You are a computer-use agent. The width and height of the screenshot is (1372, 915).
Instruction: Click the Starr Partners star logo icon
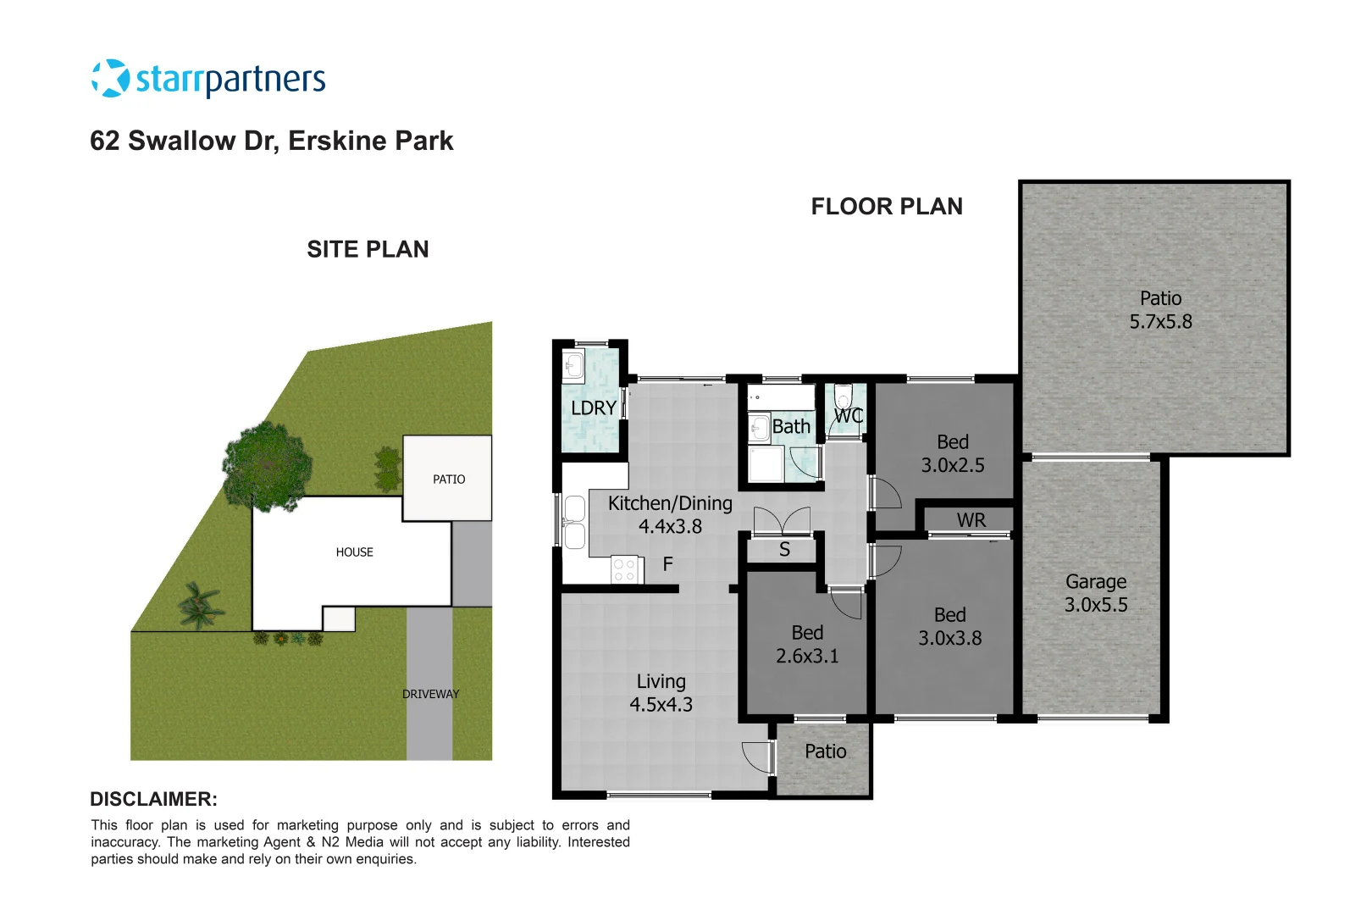[110, 79]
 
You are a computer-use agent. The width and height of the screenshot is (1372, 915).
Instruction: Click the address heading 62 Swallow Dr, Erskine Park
[271, 141]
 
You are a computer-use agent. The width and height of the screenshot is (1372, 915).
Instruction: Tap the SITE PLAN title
[368, 249]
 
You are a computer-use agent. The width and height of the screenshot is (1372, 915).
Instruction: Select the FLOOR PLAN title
[886, 207]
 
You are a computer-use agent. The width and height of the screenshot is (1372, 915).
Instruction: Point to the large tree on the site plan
[266, 467]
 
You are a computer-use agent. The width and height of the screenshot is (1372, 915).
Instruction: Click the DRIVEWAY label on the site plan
[430, 694]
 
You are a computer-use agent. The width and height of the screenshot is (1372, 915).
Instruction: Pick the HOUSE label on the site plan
[354, 552]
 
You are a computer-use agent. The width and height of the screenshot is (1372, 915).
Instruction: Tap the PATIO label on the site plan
[449, 480]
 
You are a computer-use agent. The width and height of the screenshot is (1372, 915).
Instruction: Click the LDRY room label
[593, 408]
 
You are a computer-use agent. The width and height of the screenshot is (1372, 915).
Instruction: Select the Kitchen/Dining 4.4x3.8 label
[670, 514]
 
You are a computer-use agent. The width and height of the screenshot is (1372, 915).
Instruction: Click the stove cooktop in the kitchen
[624, 570]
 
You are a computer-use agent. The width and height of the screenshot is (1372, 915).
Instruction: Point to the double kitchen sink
[574, 523]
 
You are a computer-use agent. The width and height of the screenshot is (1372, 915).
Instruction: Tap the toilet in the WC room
[843, 397]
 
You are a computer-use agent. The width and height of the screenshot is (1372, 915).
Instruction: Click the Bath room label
[792, 427]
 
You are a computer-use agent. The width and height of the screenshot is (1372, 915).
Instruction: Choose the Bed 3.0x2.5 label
[953, 453]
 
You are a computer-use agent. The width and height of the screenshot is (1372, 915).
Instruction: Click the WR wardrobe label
[971, 520]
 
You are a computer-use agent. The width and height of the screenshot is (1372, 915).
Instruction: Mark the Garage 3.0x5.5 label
[1096, 593]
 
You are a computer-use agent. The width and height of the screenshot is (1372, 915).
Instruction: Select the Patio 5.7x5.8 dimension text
[1160, 322]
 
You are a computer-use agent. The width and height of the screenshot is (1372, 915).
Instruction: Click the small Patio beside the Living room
[825, 751]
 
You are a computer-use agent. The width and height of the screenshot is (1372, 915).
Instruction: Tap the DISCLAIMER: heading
[153, 799]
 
